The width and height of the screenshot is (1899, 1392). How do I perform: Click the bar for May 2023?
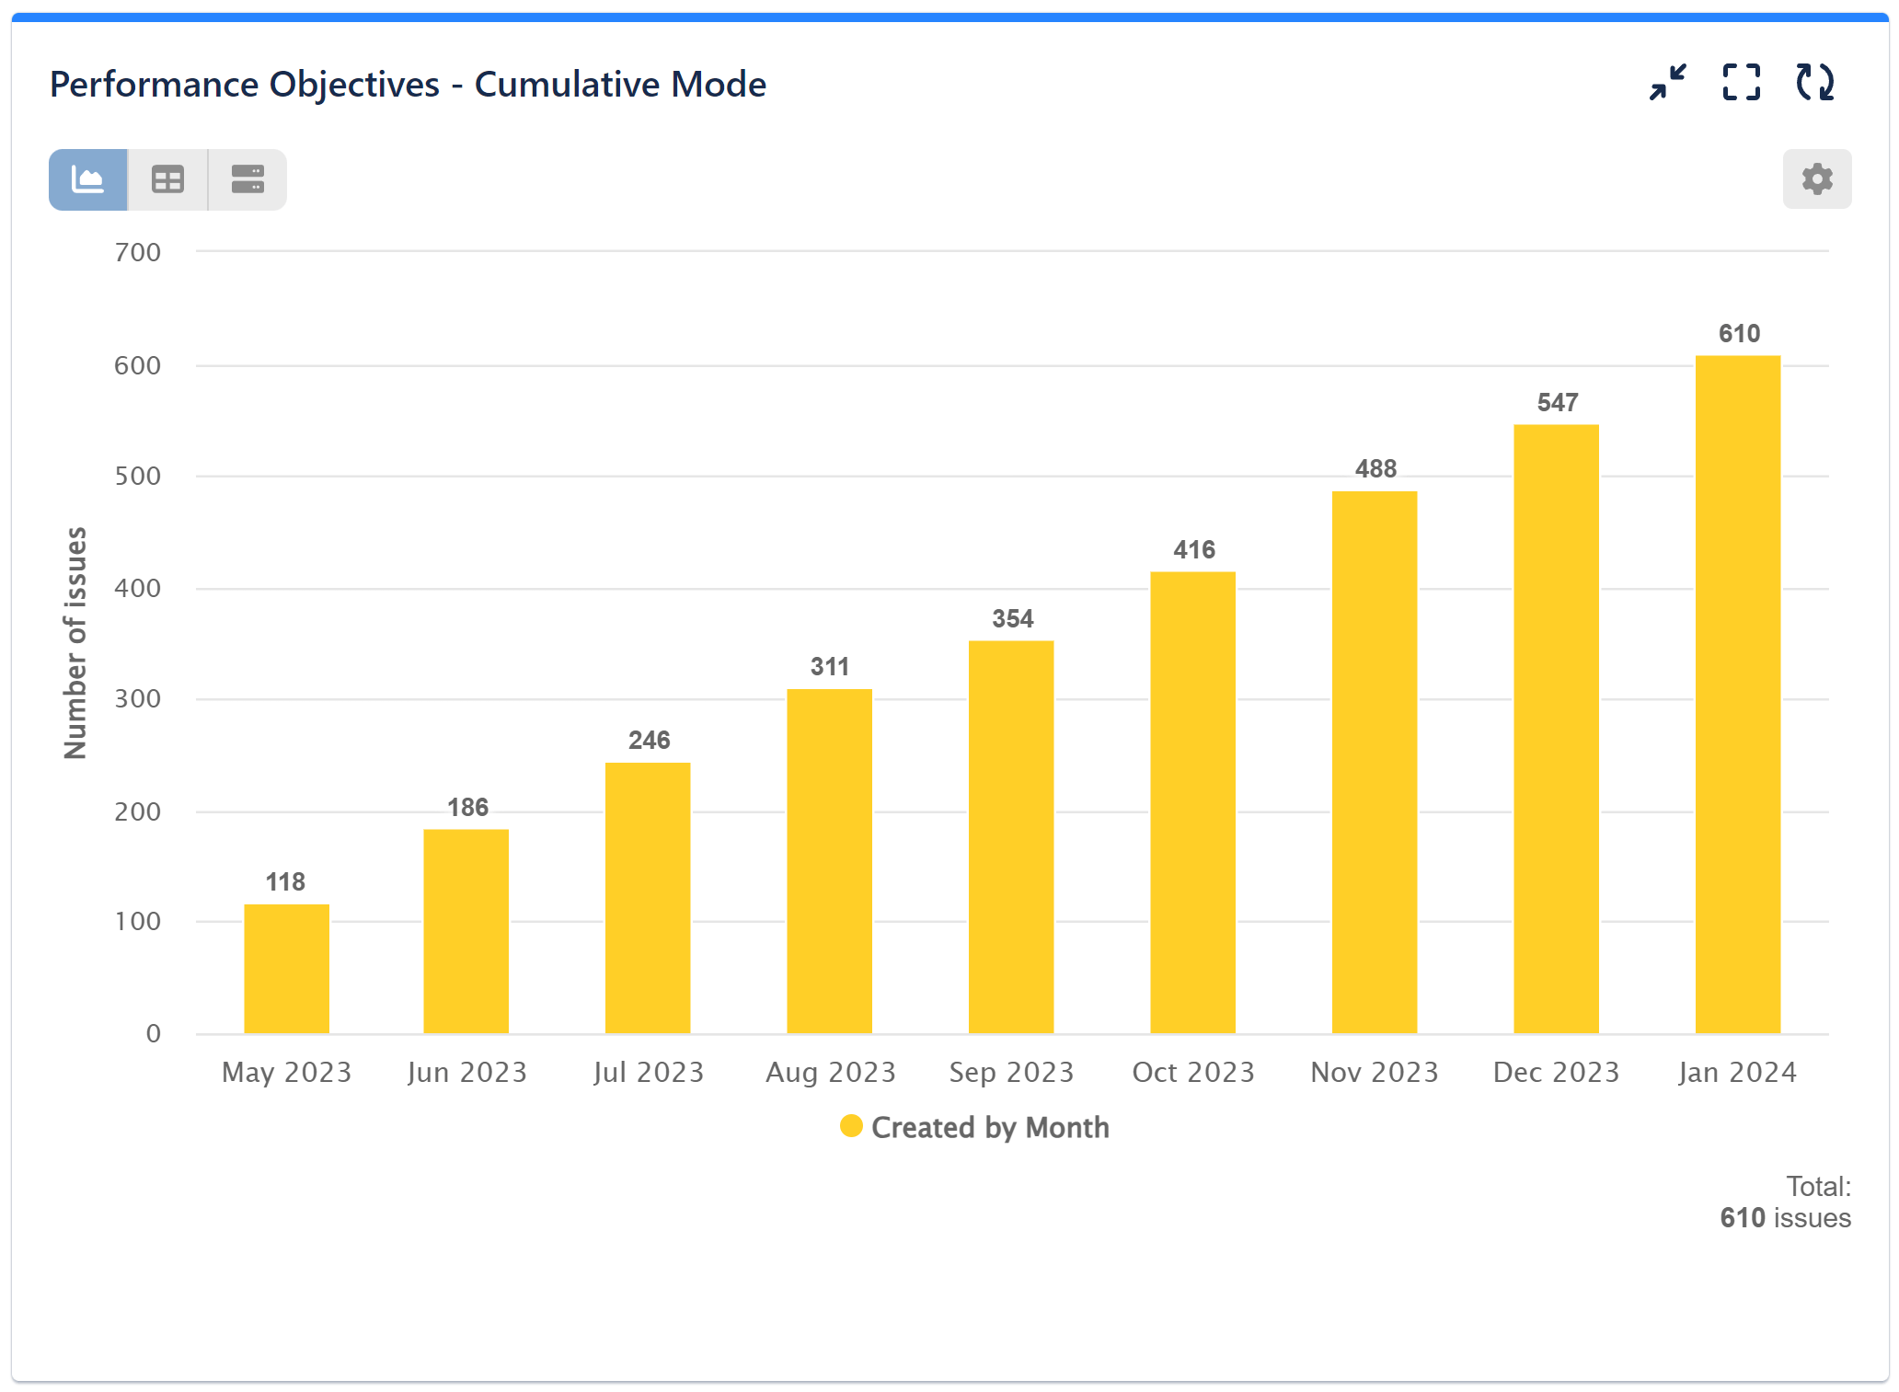[286, 968]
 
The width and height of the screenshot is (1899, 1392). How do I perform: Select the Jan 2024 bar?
[1737, 695]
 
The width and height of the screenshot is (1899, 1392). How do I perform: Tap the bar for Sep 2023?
[1010, 837]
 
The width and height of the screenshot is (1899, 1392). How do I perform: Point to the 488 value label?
[1375, 469]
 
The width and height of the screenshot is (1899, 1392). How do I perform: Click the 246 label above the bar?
[649, 741]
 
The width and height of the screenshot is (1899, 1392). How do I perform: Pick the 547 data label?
[1557, 403]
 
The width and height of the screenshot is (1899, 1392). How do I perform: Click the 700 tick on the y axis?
[138, 253]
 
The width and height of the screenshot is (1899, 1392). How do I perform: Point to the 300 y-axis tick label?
[138, 699]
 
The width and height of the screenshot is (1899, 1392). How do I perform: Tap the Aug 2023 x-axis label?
[830, 1073]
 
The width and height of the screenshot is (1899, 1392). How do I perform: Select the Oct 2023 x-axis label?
[1193, 1073]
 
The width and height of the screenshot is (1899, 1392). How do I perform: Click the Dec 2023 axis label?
[1556, 1073]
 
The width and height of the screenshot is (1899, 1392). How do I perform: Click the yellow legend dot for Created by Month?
[851, 1126]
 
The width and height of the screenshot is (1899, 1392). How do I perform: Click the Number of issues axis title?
[75, 642]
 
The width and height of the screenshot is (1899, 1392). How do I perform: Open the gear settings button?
[1816, 178]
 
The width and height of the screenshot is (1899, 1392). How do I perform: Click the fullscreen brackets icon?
[1741, 83]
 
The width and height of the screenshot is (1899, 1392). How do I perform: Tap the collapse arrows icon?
[1667, 83]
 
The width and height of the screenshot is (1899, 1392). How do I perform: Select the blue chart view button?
[88, 179]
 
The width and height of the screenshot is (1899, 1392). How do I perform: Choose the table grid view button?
[167, 179]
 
